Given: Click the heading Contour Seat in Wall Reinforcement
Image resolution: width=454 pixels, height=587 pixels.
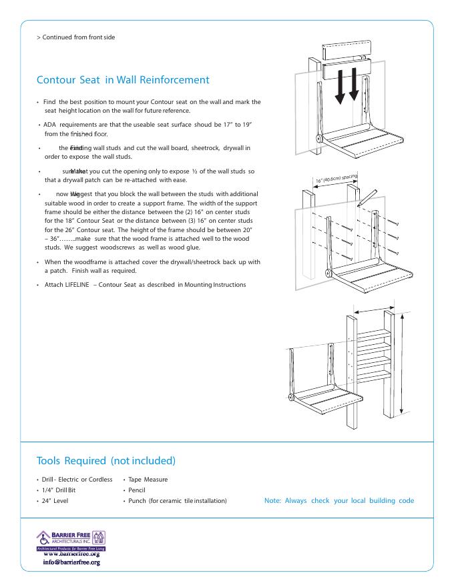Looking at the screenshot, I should [123, 80].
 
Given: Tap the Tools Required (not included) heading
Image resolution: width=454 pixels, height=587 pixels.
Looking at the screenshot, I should [106, 461].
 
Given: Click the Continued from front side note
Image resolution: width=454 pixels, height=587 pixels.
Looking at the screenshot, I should [75, 37].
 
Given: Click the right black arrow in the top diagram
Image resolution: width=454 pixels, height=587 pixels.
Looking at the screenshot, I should [354, 83].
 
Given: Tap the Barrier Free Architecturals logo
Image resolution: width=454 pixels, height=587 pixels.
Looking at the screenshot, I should [70, 539].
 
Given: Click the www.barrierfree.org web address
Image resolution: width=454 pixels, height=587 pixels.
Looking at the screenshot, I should [71, 554].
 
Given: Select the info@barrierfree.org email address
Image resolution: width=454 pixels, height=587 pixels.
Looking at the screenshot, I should [71, 562].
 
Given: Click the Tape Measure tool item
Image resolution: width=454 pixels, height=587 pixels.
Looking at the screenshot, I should [149, 479].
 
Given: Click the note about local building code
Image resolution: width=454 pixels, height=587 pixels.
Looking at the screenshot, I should [339, 500].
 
